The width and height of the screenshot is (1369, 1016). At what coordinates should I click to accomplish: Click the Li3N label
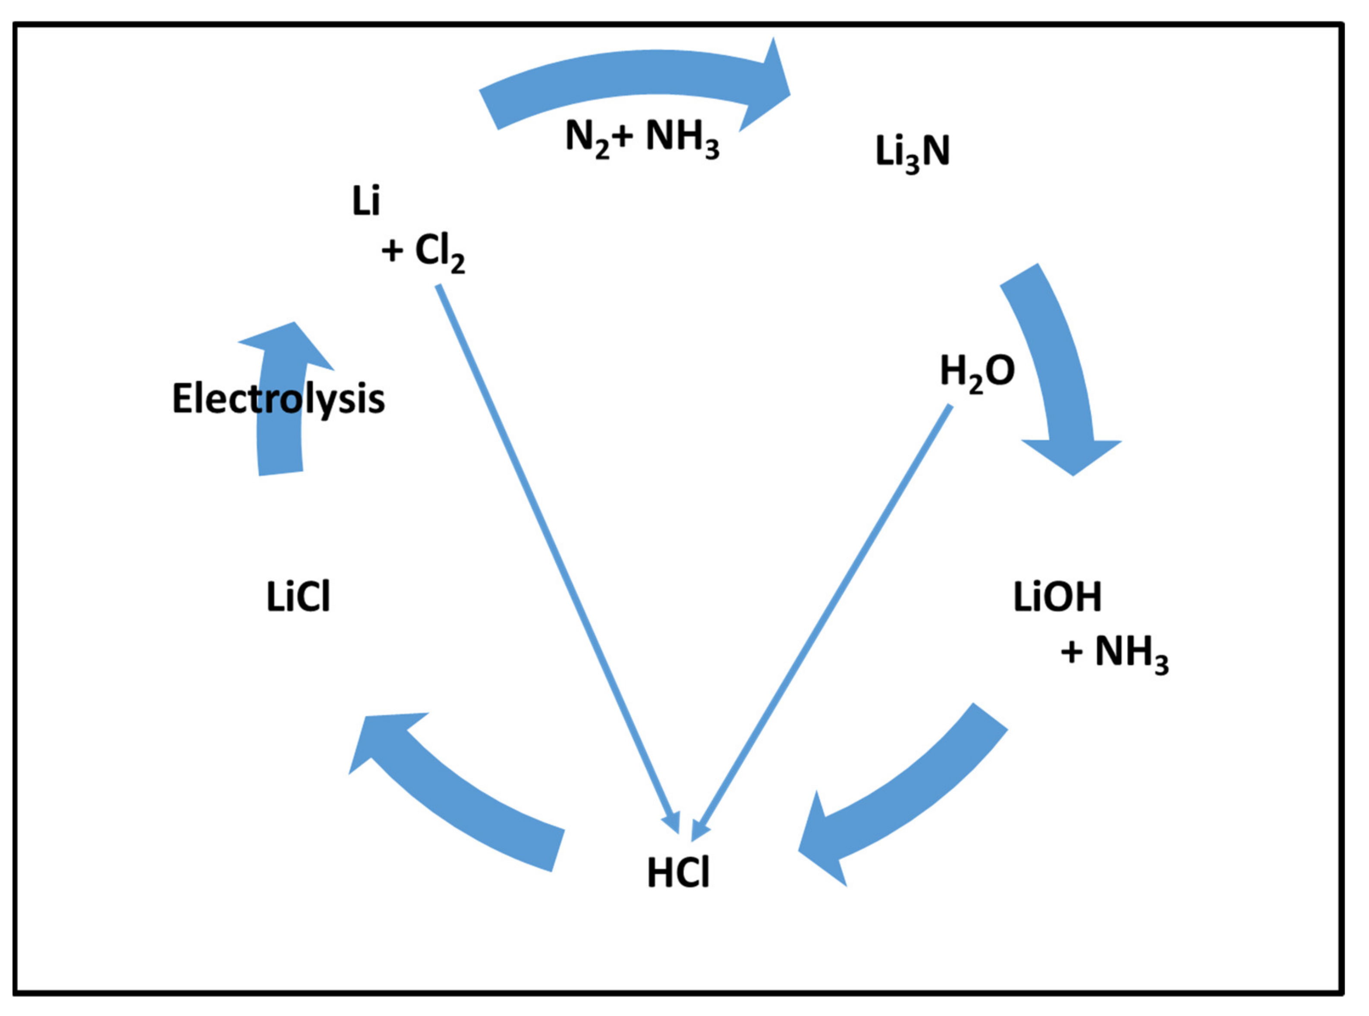click(912, 152)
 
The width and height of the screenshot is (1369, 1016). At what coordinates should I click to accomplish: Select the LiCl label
click(298, 596)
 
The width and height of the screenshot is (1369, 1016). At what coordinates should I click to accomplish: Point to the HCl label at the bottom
click(678, 873)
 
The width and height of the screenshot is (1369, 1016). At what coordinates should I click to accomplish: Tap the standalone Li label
click(366, 201)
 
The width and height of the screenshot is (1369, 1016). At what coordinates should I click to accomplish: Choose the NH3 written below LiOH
click(1132, 653)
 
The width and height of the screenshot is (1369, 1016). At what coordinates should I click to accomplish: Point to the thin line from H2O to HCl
click(824, 615)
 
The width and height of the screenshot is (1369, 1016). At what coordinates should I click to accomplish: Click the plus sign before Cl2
click(392, 251)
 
